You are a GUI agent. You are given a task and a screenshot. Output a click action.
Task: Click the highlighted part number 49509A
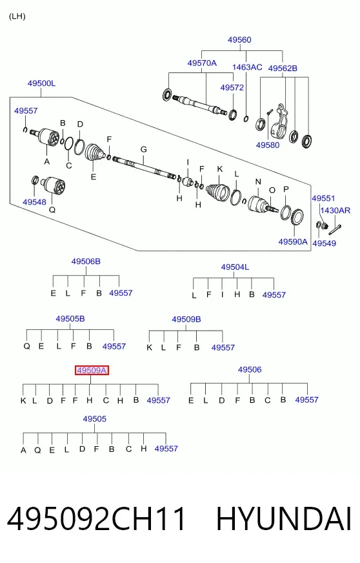(x=92, y=370)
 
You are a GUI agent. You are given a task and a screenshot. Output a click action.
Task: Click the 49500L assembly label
(x=42, y=83)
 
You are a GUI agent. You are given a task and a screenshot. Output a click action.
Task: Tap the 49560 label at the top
(x=239, y=40)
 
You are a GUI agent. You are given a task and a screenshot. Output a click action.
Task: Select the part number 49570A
(x=202, y=63)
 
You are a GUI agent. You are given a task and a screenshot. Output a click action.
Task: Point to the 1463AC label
(x=247, y=67)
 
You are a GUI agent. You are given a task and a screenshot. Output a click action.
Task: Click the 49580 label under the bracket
(x=268, y=145)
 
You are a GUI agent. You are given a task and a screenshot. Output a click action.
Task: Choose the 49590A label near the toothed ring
(x=293, y=241)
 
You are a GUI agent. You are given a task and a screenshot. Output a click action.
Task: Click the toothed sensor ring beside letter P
(x=297, y=218)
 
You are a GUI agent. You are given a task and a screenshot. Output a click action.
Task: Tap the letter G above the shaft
(x=144, y=149)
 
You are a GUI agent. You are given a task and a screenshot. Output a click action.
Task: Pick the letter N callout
(x=258, y=181)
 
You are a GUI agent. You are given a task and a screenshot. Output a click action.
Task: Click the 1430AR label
(x=335, y=210)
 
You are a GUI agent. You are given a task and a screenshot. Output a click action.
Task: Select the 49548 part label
(x=34, y=202)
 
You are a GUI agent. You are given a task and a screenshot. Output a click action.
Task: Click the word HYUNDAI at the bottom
(x=284, y=519)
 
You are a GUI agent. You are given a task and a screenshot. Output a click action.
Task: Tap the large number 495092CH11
(x=97, y=519)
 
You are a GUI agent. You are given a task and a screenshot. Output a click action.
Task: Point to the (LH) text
(x=17, y=17)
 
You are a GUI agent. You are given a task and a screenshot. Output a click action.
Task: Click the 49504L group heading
(x=235, y=267)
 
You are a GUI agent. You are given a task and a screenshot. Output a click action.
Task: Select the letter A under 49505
(x=23, y=450)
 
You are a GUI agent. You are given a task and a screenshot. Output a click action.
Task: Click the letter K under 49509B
(x=149, y=347)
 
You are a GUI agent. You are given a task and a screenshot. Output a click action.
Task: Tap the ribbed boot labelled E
(x=95, y=153)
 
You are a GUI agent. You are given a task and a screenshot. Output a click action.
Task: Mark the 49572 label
(x=232, y=88)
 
